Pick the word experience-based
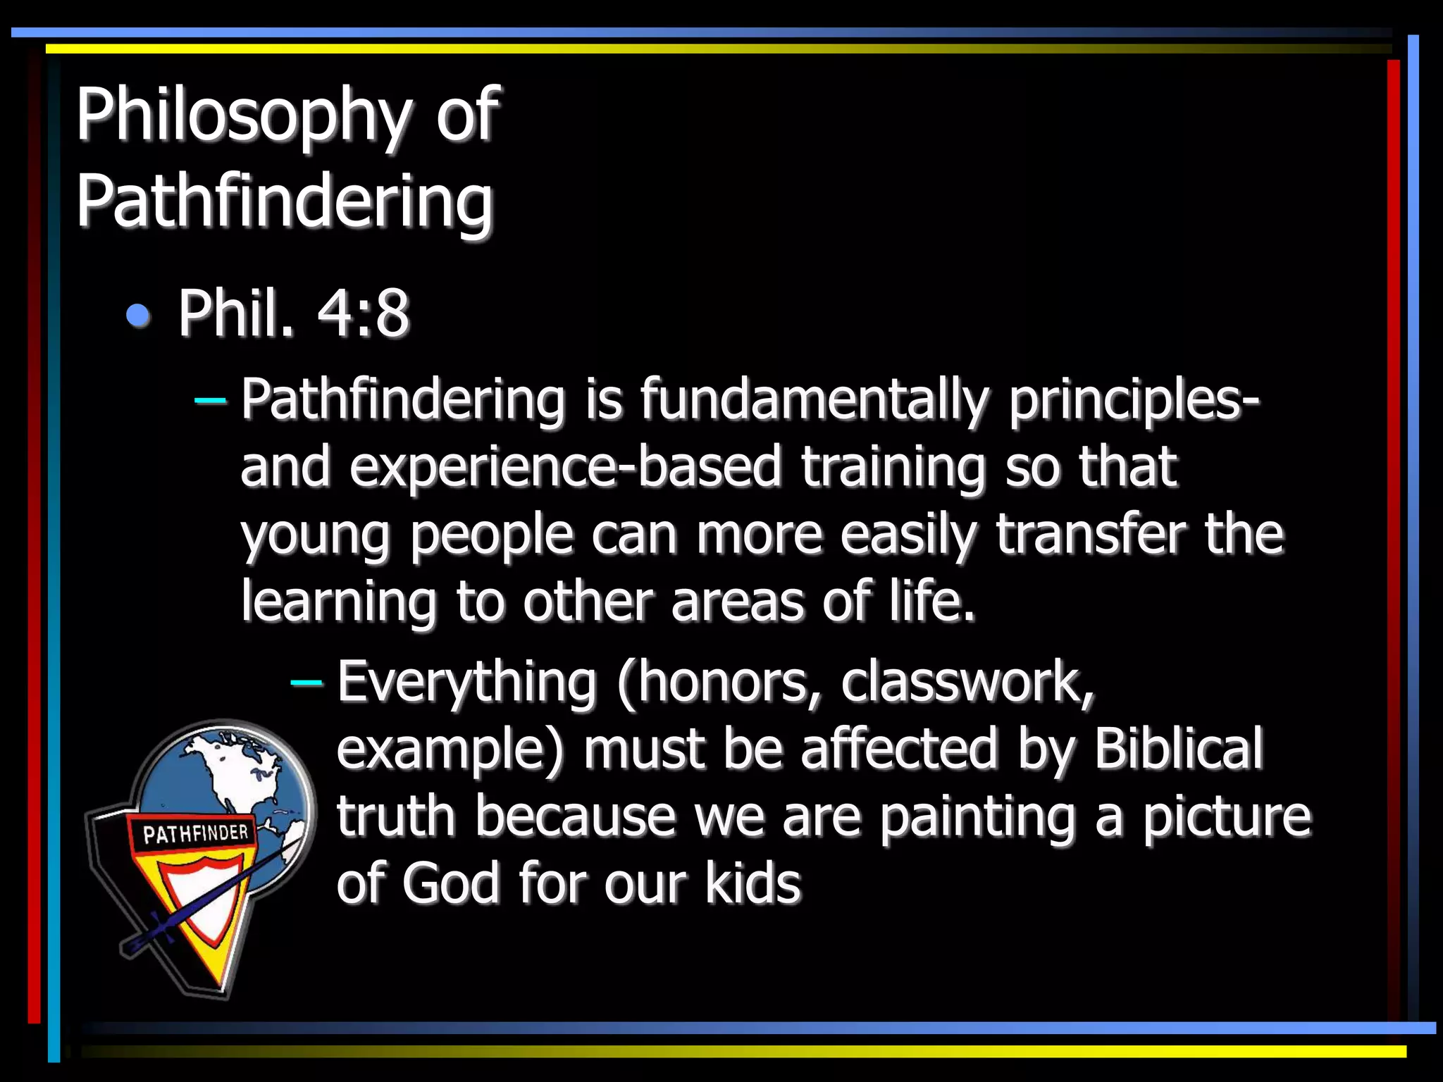(566, 467)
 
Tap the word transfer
(1091, 534)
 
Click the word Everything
(467, 682)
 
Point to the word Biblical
(1179, 748)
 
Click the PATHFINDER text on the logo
(196, 834)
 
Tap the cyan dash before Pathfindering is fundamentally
(210, 402)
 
